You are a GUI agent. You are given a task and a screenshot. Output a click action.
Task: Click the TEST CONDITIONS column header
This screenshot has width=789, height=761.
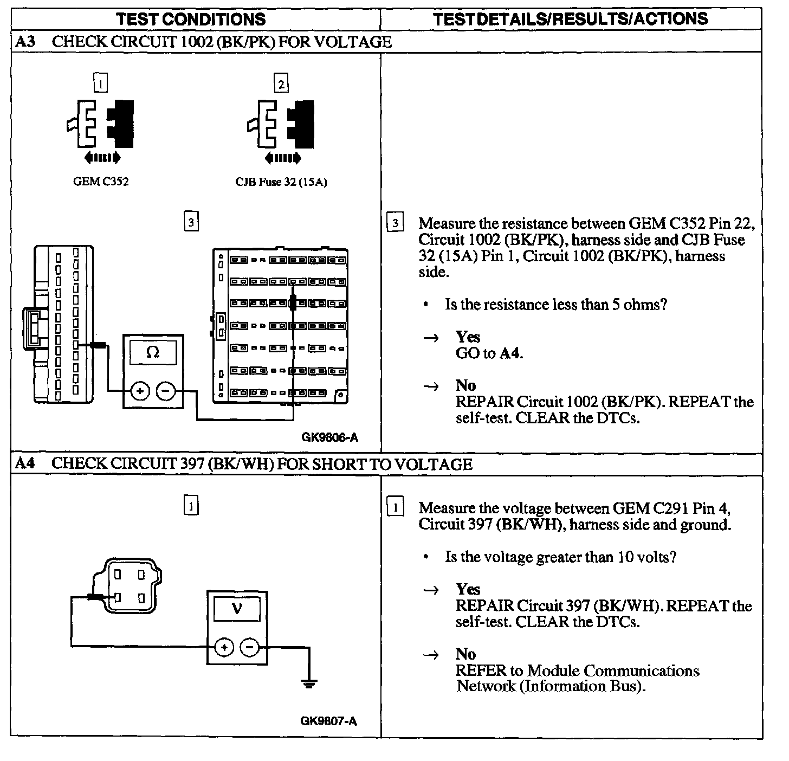(191, 20)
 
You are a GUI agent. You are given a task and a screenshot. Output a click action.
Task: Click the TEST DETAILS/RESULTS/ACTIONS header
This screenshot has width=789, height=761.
(571, 19)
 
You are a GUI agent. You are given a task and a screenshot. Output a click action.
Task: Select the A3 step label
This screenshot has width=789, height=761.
(25, 42)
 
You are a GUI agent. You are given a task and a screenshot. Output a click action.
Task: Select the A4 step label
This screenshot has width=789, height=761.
(25, 463)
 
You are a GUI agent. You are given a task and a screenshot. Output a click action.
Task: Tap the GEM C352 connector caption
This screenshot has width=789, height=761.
(101, 182)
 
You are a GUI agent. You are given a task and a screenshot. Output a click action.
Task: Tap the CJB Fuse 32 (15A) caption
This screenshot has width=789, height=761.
(281, 182)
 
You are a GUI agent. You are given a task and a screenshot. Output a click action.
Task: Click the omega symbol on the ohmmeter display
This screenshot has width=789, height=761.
(153, 353)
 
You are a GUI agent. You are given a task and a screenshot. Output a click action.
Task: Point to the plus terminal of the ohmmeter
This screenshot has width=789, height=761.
(140, 390)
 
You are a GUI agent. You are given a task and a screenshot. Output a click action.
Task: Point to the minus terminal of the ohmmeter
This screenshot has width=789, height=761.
(166, 390)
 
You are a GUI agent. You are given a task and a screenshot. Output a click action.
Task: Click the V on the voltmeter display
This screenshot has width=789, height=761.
(237, 609)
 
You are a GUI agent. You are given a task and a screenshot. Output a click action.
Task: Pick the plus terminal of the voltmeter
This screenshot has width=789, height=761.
(224, 647)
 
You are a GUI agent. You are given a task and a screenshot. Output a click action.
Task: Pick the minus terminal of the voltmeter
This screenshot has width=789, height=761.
(250, 647)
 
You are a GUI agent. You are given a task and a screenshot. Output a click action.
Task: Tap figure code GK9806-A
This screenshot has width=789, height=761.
(329, 437)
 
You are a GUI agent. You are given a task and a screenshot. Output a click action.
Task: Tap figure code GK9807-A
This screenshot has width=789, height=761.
(328, 721)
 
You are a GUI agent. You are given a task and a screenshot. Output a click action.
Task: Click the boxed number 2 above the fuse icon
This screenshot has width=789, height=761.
(281, 84)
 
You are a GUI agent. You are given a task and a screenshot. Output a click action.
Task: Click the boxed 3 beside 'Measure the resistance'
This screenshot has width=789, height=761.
(396, 223)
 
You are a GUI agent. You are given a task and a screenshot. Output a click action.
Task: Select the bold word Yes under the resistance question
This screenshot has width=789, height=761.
(468, 337)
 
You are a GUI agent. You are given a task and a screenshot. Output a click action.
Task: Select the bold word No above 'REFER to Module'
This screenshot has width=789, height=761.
(465, 654)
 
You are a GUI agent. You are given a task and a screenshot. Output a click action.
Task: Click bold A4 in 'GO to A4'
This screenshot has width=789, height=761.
(510, 353)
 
